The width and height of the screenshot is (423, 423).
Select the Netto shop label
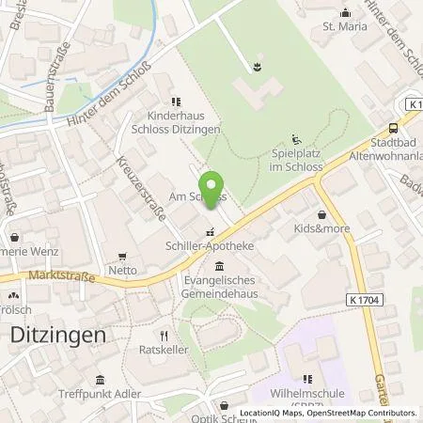point(123,270)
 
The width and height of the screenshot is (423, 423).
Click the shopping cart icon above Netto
point(122,256)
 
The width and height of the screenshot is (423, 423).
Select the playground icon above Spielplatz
point(297,137)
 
